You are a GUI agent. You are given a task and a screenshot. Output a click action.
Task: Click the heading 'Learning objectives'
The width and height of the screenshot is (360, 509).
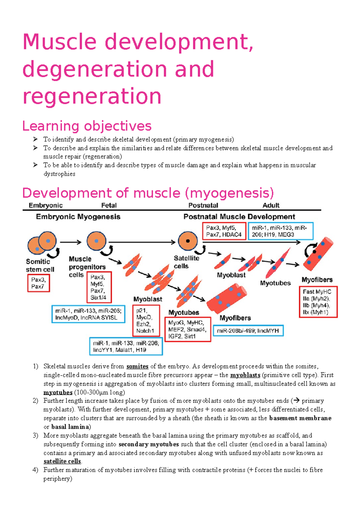(87, 126)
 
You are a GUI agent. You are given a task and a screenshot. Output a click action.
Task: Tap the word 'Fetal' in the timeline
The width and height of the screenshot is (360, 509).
(109, 205)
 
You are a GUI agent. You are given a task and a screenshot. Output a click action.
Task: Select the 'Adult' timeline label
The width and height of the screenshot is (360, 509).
(271, 205)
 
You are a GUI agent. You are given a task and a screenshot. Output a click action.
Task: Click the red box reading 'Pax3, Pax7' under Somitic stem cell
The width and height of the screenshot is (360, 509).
(38, 283)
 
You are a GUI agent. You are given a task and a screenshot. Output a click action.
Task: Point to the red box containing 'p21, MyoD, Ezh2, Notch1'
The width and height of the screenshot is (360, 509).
(146, 320)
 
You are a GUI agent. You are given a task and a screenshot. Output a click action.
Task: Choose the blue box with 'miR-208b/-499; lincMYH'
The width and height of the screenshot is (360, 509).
(248, 331)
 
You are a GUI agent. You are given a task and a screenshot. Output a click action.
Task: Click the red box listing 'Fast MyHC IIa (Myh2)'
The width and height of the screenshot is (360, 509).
(318, 302)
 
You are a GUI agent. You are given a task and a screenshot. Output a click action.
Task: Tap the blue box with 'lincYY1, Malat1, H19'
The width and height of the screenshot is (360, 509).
(126, 347)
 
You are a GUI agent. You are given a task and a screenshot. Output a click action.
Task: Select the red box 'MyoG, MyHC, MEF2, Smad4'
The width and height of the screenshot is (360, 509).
(188, 329)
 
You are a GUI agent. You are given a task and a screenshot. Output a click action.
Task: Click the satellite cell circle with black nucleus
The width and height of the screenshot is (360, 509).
(188, 241)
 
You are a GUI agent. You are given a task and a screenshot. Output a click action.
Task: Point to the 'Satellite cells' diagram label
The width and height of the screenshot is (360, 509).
(186, 262)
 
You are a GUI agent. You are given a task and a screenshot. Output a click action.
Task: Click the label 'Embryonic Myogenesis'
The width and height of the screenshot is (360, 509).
(78, 217)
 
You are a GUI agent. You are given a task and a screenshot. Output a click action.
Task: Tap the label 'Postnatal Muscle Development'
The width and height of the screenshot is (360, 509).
(239, 217)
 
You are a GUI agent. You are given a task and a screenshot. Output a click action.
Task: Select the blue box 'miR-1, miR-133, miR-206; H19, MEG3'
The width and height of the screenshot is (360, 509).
(280, 231)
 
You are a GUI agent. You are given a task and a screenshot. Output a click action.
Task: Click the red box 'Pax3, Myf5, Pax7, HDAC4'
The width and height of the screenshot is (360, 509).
(224, 231)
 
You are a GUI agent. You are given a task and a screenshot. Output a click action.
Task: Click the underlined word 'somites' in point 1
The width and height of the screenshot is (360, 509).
(137, 366)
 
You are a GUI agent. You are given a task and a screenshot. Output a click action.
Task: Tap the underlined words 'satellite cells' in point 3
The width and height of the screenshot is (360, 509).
(62, 461)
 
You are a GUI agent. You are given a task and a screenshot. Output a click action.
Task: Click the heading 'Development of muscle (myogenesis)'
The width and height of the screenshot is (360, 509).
(148, 193)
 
